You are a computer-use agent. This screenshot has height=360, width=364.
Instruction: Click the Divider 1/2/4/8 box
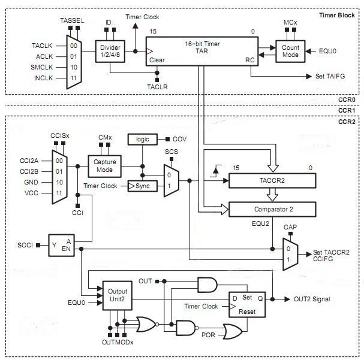point(110,52)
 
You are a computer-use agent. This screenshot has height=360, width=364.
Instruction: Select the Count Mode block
point(290,52)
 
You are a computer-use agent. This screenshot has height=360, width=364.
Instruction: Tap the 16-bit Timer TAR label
point(202,47)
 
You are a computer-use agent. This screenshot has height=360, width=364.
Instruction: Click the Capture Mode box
point(105,166)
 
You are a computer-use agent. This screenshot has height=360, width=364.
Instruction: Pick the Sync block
point(143,186)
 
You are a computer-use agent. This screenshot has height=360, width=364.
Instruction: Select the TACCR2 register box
point(272,180)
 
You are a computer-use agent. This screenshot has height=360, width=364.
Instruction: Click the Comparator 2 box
point(272,209)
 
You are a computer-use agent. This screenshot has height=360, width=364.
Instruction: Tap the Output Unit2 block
point(118,295)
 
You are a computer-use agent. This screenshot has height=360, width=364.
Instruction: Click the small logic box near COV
point(143,140)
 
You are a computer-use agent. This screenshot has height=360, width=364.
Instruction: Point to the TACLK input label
point(42,46)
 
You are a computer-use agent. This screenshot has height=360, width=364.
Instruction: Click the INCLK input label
point(44,78)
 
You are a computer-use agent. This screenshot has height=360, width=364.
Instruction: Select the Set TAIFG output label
point(330,76)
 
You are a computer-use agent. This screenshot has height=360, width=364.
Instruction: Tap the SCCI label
point(25,245)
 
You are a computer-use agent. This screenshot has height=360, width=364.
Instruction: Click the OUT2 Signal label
point(312,299)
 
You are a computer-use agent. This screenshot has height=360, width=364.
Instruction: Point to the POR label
point(208,335)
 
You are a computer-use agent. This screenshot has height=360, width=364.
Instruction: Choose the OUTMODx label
point(118,342)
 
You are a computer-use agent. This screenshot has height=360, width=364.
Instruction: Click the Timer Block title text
point(337,16)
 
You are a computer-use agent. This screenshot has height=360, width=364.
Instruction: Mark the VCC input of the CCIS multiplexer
point(31,193)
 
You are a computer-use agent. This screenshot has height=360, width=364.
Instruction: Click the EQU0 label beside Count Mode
point(327,52)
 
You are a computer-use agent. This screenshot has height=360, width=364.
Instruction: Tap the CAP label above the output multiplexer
point(290,227)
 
